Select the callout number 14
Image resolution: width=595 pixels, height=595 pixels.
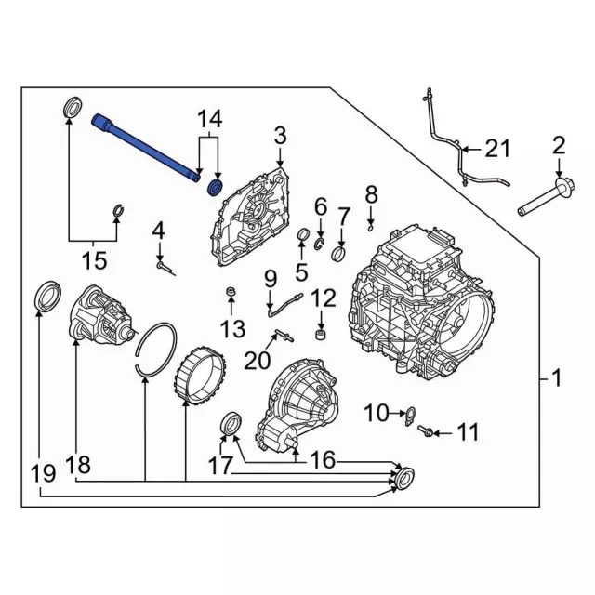210,118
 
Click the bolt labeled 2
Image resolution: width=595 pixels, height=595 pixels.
549,195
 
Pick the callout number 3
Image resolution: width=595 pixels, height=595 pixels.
280,139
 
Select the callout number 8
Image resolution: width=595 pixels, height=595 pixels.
371,193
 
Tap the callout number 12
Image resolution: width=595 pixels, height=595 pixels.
323,297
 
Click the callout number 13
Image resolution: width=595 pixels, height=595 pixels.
232,327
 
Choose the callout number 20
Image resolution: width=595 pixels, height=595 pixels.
262,359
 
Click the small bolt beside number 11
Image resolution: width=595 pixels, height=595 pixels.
427,430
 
